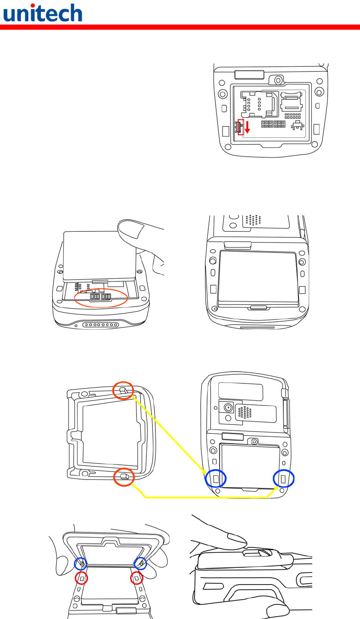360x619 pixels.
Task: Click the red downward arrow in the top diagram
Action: (247, 128)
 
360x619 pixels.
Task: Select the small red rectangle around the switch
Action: (241, 127)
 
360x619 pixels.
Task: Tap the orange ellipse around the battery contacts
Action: (101, 297)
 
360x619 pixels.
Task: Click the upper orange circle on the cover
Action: (124, 390)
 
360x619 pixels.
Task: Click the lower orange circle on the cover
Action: (124, 477)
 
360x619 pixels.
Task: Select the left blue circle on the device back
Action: (216, 478)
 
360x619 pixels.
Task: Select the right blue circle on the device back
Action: (284, 478)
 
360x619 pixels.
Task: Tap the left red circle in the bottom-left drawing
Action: (81, 578)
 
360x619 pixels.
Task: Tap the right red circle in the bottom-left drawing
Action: (137, 578)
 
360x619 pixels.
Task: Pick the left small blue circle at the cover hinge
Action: (81, 563)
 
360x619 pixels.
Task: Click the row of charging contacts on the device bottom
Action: (101, 325)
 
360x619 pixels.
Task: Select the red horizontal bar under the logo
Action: (180, 27)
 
